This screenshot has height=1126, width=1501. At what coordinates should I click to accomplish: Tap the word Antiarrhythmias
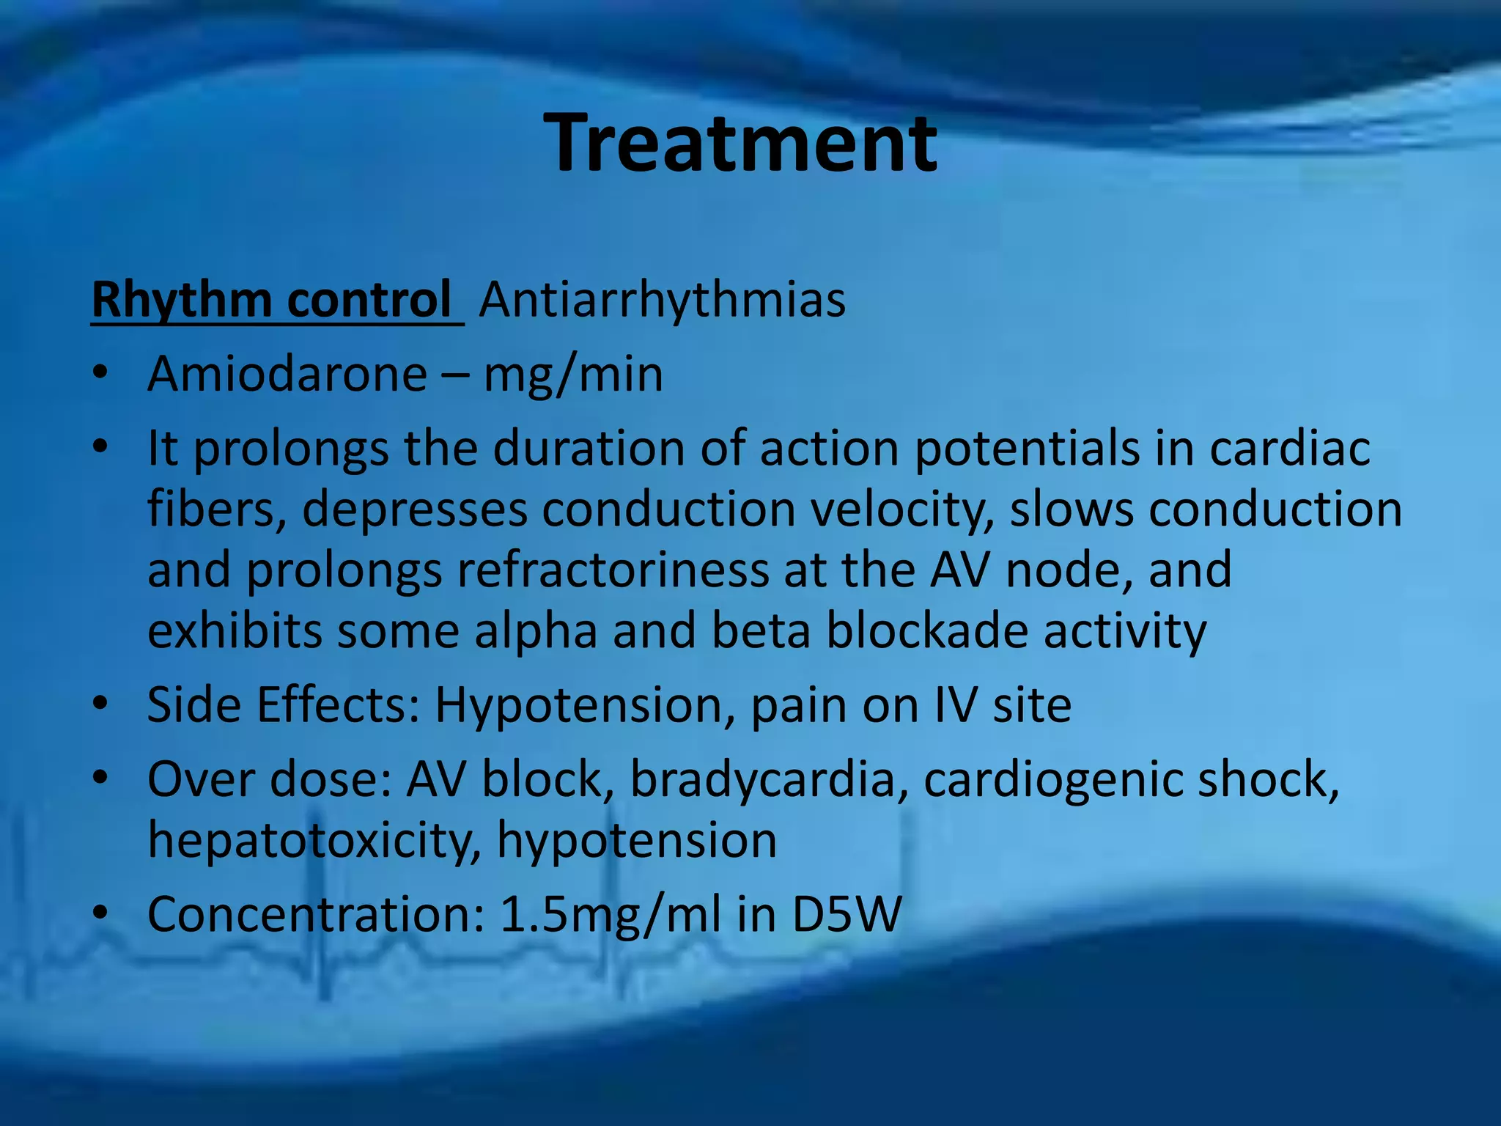663,301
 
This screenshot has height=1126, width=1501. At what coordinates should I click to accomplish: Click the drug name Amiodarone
287,375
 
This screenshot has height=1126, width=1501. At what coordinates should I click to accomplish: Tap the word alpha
536,632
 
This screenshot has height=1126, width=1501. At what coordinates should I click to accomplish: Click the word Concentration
316,915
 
